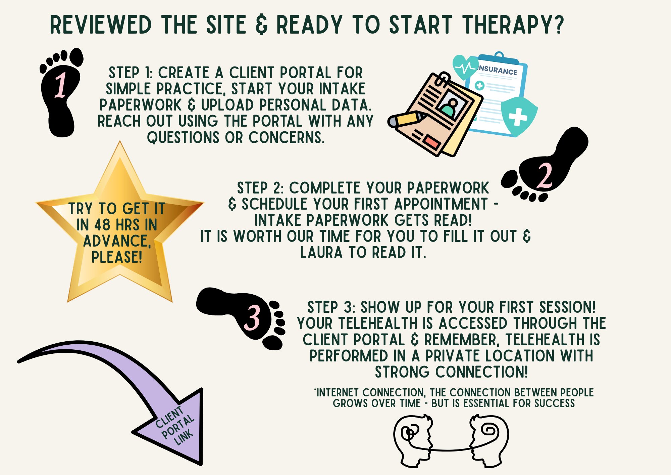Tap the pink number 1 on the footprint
61,85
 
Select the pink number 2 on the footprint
545,175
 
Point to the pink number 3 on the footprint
252,317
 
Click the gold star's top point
120,141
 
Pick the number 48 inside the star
102,225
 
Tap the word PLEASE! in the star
117,257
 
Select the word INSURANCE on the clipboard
498,70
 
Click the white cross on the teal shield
518,117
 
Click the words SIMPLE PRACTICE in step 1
164,89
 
